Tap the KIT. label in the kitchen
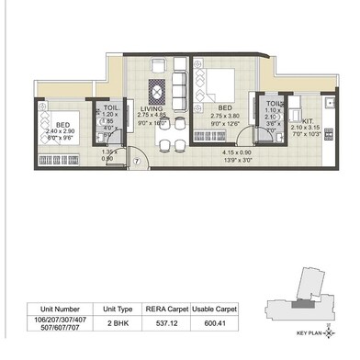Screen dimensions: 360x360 (x=307, y=120)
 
